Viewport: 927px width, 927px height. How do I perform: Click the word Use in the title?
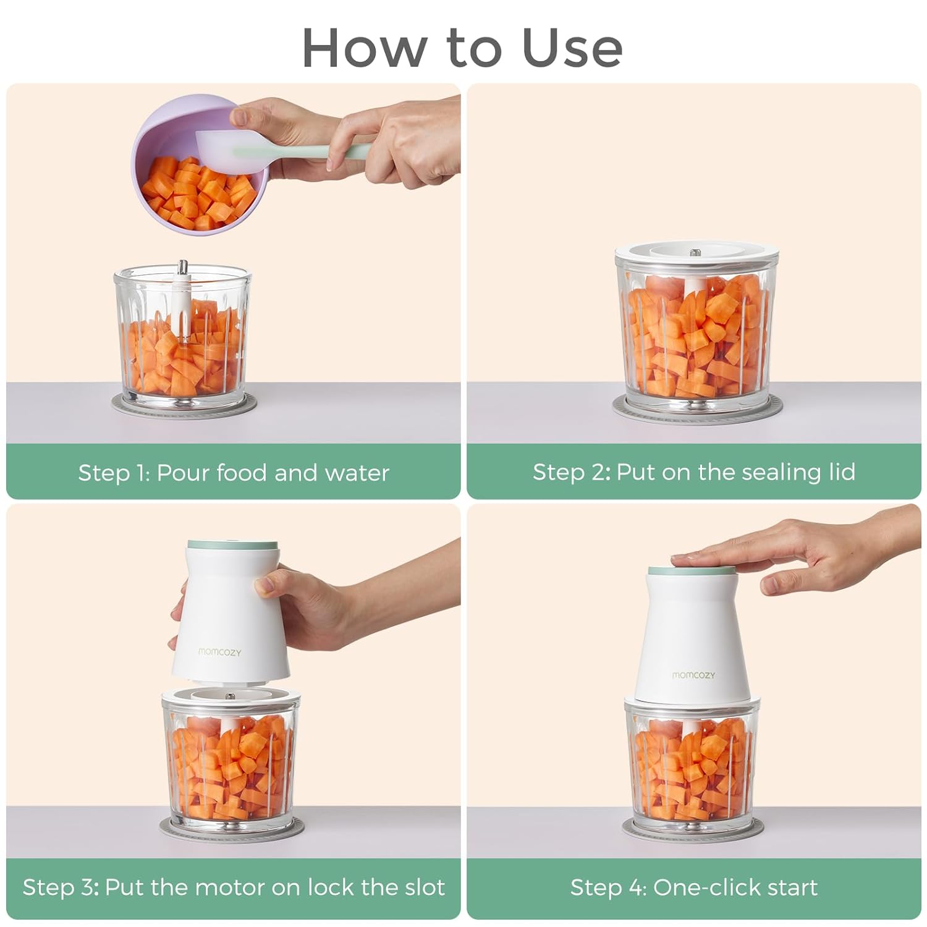572,48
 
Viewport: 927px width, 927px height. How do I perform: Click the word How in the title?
365,48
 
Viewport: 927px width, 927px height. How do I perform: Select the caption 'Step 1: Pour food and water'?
234,473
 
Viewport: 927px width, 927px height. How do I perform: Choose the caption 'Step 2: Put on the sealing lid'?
694,472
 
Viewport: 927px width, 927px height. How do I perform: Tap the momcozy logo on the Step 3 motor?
220,651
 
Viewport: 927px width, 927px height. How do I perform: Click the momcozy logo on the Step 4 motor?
693,675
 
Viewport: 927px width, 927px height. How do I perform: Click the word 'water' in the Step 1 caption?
357,473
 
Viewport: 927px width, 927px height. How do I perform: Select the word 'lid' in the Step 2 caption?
842,472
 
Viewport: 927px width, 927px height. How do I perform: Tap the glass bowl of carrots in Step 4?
692,766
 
